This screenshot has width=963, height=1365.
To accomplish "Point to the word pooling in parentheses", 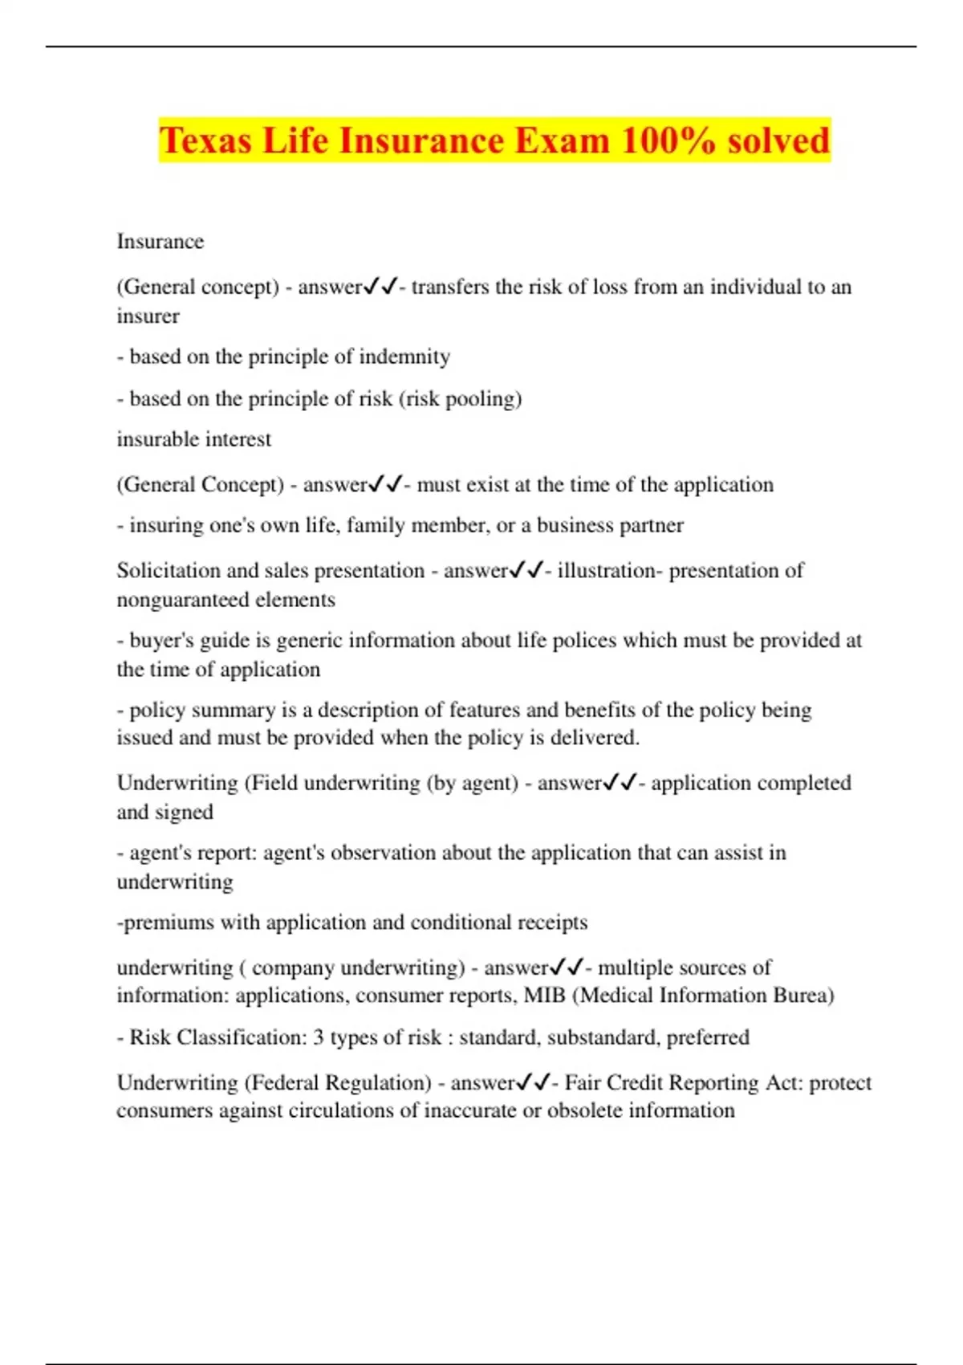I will coord(483,399).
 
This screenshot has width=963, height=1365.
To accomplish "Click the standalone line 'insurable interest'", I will coord(194,439).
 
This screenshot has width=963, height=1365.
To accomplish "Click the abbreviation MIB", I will coord(545,996).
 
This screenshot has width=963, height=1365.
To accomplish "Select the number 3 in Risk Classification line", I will coord(319,1037).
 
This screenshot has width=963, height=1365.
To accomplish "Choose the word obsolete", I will coord(574,1110).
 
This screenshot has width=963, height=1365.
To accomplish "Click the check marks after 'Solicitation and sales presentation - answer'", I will coord(526,570).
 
